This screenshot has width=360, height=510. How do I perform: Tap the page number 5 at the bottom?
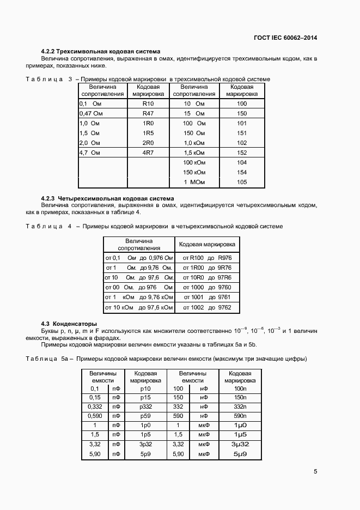coord(315,472)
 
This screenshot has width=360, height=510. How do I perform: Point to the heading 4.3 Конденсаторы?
coord(69,324)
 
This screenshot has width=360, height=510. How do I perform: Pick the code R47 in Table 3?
coord(148,113)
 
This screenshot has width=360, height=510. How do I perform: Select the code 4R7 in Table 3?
coord(148,153)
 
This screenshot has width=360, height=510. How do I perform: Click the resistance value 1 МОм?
coord(194,182)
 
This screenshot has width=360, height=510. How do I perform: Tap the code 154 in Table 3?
coord(242,172)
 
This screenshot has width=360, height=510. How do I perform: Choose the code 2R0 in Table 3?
coord(148,143)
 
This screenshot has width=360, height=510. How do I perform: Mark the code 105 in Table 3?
coord(242,182)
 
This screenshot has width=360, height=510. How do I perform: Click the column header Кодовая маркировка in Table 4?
coord(207,244)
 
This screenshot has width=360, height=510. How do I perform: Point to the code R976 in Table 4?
coord(224,258)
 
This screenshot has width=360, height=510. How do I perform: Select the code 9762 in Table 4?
coord(224,308)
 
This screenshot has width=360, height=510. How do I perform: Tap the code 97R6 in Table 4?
coord(224,277)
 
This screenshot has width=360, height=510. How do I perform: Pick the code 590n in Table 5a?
coord(240,416)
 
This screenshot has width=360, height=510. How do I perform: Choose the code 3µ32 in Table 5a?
coord(240,444)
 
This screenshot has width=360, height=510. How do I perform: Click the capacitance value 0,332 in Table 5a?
coord(95,407)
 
